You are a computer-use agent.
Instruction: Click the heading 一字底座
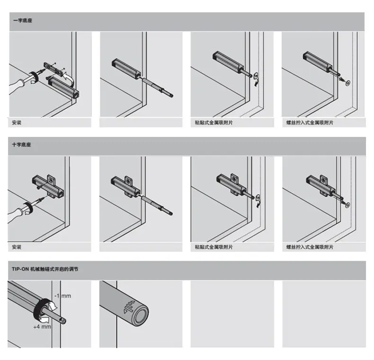pos(23,20)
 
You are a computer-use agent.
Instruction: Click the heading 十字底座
pos(21,145)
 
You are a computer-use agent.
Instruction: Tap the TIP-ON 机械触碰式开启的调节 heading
pos(45,269)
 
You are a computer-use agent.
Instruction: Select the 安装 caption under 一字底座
pos(17,123)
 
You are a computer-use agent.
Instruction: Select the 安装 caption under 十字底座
pos(17,247)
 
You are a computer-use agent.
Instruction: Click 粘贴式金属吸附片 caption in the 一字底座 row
pos(214,123)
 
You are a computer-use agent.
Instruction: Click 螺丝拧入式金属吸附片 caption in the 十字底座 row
pos(310,247)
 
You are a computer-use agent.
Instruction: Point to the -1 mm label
pos(63,296)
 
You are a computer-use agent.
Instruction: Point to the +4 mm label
pos(42,326)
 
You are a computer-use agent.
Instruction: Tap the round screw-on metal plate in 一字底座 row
pos(347,83)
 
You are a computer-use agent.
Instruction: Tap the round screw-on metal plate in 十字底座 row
pos(347,205)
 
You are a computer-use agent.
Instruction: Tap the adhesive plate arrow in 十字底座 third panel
pos(258,201)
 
